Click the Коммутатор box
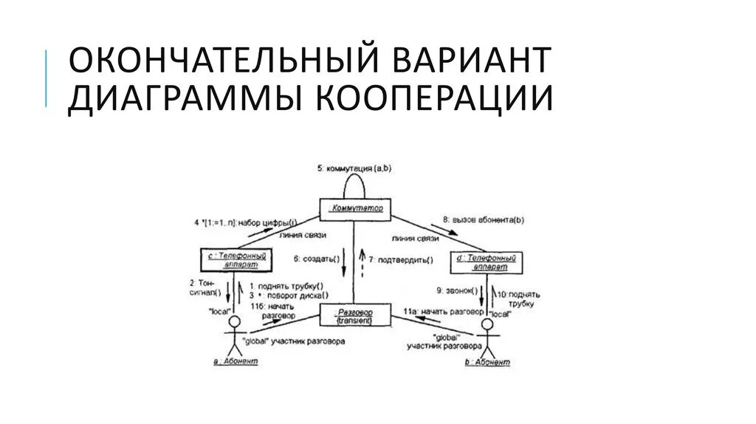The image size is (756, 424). tap(355, 209)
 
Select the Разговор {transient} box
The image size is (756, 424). tap(355, 317)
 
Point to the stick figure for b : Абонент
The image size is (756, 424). tap(487, 335)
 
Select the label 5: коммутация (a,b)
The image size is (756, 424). tap(355, 168)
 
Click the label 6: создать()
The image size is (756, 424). tap(317, 259)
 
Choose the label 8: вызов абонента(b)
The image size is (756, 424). tap(484, 219)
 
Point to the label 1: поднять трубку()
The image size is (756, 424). tap(287, 286)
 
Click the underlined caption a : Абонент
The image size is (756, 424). tap(234, 362)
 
